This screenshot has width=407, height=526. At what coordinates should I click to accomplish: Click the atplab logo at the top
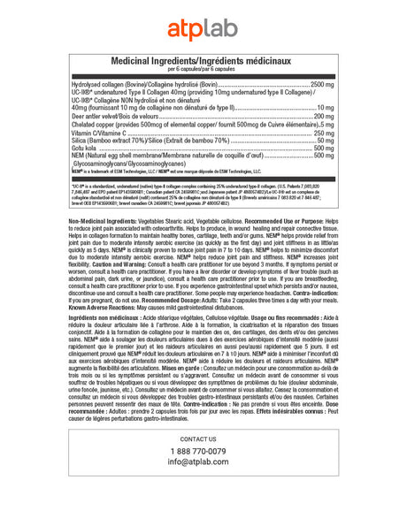(203, 27)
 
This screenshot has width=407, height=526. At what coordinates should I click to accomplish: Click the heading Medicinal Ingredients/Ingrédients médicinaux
(203, 60)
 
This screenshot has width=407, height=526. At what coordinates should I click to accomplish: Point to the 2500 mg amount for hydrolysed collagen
(322, 84)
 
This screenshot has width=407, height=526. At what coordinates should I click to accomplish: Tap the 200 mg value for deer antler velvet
(324, 116)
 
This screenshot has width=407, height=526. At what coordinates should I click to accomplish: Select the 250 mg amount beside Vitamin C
(324, 132)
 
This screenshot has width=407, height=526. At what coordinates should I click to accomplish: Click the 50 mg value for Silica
(326, 140)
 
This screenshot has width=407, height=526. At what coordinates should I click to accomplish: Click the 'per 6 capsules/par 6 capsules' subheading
(203, 69)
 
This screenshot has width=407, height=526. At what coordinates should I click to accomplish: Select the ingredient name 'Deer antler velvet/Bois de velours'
(110, 116)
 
